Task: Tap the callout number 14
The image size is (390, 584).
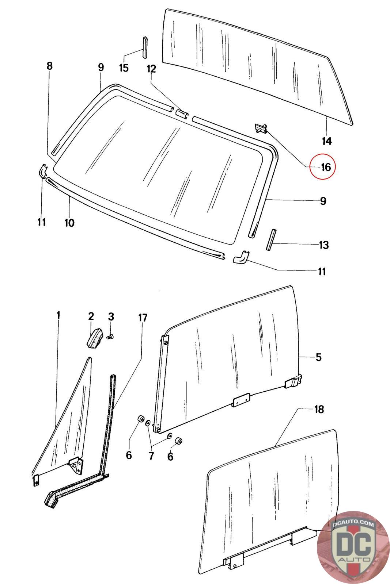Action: (x=326, y=141)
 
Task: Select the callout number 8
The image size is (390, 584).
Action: (x=50, y=66)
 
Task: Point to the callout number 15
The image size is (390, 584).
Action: (x=124, y=68)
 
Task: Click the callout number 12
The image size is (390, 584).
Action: (x=151, y=69)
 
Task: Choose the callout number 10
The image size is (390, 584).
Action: (x=69, y=222)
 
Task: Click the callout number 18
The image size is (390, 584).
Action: (x=319, y=410)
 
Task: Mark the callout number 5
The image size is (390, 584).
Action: (x=318, y=357)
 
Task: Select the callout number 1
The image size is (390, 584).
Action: (x=58, y=315)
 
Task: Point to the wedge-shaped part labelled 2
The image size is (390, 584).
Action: (x=95, y=338)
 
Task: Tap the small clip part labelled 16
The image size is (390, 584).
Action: (x=260, y=128)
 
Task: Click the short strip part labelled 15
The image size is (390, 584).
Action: (x=145, y=47)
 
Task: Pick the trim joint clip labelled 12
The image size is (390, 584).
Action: (x=182, y=113)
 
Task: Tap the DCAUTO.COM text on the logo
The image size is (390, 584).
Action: (x=353, y=524)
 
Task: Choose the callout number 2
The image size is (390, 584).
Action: (x=91, y=316)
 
